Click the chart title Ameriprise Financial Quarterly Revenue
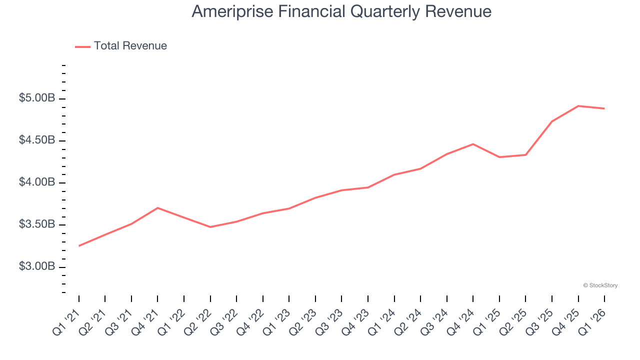click(341, 11)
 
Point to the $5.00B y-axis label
click(37, 98)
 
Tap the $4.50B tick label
click(37, 140)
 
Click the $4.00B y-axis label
click(37, 182)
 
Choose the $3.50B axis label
click(37, 224)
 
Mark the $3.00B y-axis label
click(37, 266)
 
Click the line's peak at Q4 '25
click(578, 106)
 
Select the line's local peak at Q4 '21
click(157, 207)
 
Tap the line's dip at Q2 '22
click(210, 227)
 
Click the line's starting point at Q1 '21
click(79, 246)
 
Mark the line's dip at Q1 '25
click(499, 157)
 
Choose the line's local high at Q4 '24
click(473, 144)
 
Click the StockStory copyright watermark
click(600, 285)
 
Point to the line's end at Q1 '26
click(604, 108)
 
